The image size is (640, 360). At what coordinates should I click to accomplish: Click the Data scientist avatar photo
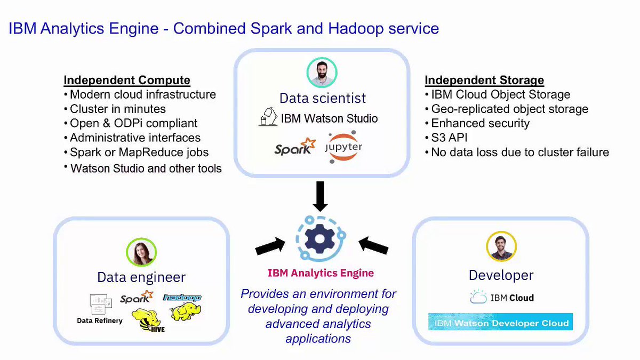click(x=322, y=73)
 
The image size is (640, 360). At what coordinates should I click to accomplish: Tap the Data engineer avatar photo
click(x=141, y=252)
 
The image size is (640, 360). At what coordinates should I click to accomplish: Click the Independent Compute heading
click(x=127, y=81)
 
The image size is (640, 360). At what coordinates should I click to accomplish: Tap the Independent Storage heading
click(x=484, y=81)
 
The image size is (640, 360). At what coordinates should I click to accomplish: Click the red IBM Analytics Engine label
click(x=321, y=273)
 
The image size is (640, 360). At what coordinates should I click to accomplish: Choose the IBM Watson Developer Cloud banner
click(x=501, y=322)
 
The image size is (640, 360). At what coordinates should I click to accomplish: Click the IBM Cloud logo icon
click(x=478, y=297)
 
